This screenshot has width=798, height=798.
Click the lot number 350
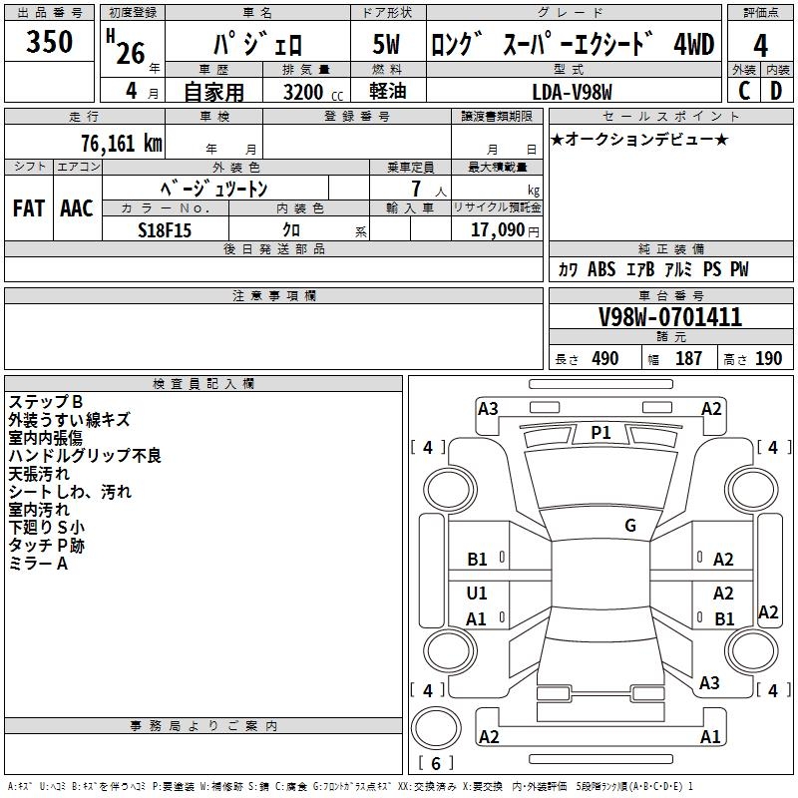[49, 43]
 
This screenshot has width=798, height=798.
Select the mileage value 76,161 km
[121, 143]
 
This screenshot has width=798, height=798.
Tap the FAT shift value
[29, 208]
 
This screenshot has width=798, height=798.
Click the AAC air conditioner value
[77, 208]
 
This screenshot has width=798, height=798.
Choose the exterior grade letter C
[743, 90]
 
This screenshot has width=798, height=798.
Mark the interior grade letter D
[776, 90]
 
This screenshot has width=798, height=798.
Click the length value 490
[604, 358]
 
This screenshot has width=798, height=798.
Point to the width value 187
[688, 358]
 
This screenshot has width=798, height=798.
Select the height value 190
[768, 358]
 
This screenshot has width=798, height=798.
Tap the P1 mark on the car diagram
[599, 432]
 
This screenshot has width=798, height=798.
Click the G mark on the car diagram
[629, 526]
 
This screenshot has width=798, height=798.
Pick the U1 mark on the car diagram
[477, 594]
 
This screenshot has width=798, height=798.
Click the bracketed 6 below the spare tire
[440, 763]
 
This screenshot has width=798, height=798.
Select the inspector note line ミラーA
[38, 564]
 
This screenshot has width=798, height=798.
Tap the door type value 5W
[388, 44]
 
